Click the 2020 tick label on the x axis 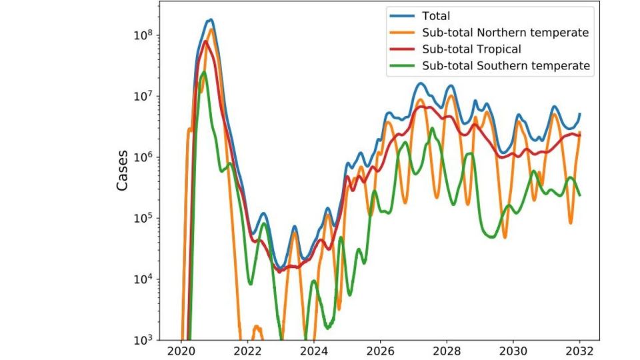click(181, 351)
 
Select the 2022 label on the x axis click(247, 351)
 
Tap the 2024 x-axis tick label click(314, 351)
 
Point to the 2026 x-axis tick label click(380, 351)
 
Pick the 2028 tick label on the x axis click(447, 351)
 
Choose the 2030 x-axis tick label click(513, 351)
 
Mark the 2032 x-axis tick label click(579, 351)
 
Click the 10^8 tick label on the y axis click(143, 35)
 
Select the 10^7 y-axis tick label click(143, 96)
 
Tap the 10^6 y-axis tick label click(143, 157)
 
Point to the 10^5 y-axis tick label click(143, 218)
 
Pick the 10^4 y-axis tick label click(143, 279)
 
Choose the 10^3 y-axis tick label click(143, 339)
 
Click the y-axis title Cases click(122, 171)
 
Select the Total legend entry click(436, 16)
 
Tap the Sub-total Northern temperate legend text click(505, 33)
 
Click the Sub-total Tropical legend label click(471, 49)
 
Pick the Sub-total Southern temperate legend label click(506, 66)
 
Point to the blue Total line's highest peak click(211, 19)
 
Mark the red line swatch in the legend click(402, 49)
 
